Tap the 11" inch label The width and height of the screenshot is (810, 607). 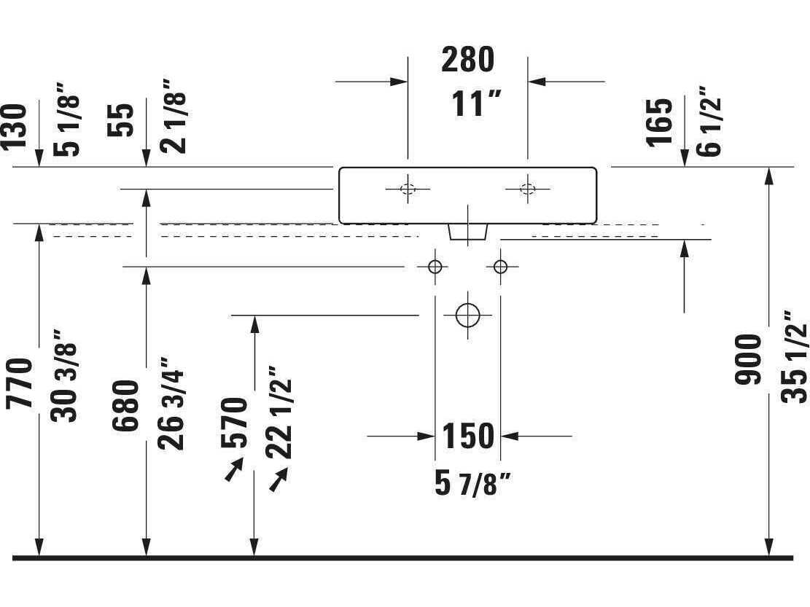coord(476,103)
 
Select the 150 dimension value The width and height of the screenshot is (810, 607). coord(468,436)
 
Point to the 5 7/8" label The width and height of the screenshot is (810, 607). coord(472,484)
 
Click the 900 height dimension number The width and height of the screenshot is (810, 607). coord(749,359)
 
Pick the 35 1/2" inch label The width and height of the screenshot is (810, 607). coord(794,356)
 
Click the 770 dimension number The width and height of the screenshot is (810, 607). coord(20,383)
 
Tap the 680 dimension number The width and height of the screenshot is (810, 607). coord(125,406)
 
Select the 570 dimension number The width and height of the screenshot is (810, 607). coord(234,423)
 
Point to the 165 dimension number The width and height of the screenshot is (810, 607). coord(661,122)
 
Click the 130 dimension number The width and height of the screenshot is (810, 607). coord(13,127)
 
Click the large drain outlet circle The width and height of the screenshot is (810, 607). coord(468,315)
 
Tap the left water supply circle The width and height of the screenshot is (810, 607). coord(435,267)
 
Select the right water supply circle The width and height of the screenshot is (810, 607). coord(500,267)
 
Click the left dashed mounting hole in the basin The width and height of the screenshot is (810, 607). coord(408,189)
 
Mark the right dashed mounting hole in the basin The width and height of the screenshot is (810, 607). coord(527,189)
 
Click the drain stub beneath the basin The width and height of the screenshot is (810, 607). coord(468,232)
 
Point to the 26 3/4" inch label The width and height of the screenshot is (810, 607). coord(171,403)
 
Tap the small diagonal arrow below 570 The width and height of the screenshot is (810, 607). coord(234,469)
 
